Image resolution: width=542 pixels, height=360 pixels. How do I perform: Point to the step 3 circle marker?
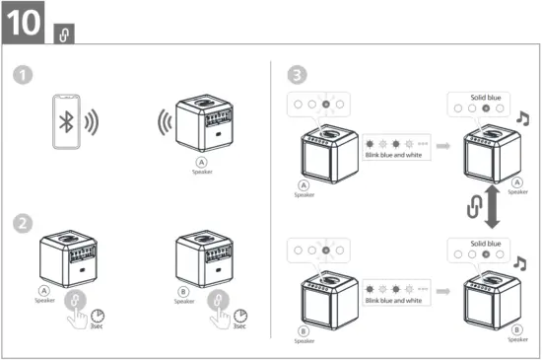pos(296,75)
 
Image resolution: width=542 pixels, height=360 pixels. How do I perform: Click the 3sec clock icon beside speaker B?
pos(240,317)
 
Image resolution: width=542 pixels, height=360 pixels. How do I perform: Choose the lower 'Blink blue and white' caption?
pos(393,300)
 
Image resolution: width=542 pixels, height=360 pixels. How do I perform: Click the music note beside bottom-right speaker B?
pos(522,262)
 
